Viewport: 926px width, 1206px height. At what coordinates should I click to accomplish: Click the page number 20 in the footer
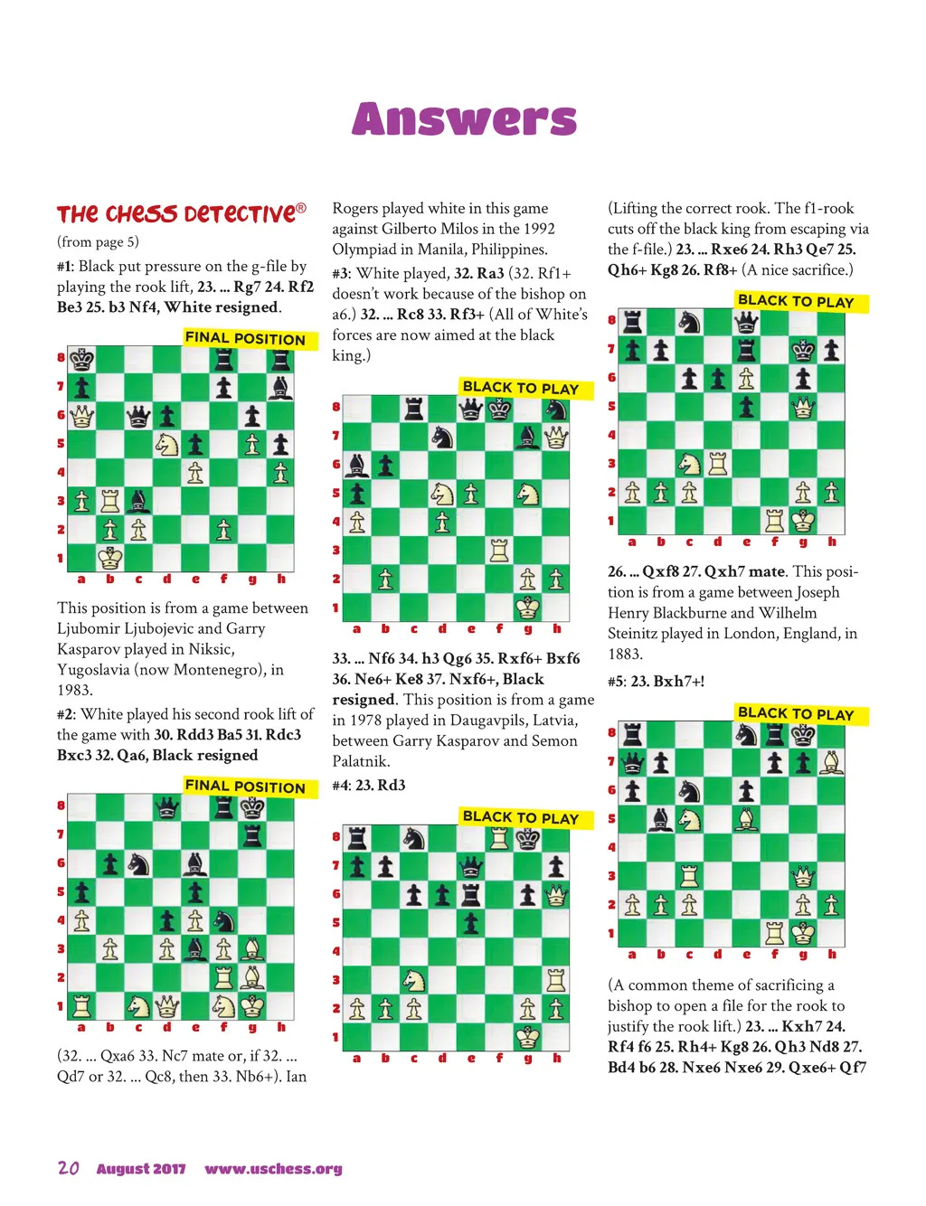pos(68,1168)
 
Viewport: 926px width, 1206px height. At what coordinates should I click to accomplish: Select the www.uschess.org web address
pos(273,1169)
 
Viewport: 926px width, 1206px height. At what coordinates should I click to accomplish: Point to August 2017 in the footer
pos(141,1169)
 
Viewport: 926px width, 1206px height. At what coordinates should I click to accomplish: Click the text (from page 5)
pos(98,241)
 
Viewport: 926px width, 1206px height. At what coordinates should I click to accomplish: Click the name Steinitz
pos(638,634)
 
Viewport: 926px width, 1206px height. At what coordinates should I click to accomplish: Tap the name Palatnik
pos(360,761)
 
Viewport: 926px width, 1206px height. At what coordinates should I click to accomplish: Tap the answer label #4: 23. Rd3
pos(368,785)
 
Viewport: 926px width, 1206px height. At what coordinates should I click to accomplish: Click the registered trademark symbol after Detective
pos(301,209)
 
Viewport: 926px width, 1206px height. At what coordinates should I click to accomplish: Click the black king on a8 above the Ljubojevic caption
pos(82,359)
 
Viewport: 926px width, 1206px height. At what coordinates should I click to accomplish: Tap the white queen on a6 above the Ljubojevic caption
pos(82,416)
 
